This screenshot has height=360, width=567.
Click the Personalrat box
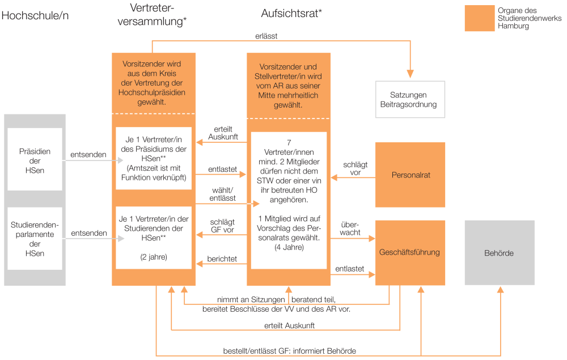pyautogui.click(x=410, y=175)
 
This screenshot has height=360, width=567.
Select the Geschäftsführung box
pyautogui.click(x=410, y=253)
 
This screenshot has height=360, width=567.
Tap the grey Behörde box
pyautogui.click(x=500, y=253)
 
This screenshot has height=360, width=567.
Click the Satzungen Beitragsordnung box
pyautogui.click(x=410, y=99)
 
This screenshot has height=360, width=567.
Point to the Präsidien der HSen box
pyautogui.click(x=35, y=159)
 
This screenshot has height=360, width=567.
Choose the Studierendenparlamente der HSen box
pyautogui.click(x=35, y=239)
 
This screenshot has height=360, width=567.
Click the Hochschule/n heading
pyautogui.click(x=35, y=15)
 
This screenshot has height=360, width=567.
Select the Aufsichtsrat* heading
pyautogui.click(x=291, y=14)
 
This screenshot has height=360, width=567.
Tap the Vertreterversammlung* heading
pyautogui.click(x=152, y=15)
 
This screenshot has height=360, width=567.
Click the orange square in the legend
pyautogui.click(x=480, y=18)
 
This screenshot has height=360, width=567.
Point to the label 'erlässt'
pyautogui.click(x=266, y=36)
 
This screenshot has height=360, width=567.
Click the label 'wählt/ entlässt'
pyautogui.click(x=222, y=194)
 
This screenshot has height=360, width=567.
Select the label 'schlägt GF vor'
pyautogui.click(x=222, y=226)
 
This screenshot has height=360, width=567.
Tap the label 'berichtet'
pyautogui.click(x=222, y=259)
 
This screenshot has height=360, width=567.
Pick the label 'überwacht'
pyautogui.click(x=350, y=228)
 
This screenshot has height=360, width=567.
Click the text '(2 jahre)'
pyautogui.click(x=154, y=257)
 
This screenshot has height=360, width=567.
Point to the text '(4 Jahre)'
pyautogui.click(x=289, y=247)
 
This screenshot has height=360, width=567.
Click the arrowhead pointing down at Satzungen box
pyautogui.click(x=410, y=74)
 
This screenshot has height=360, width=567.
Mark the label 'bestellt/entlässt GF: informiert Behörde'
pyautogui.click(x=289, y=350)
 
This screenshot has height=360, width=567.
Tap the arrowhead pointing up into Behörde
pyautogui.click(x=501, y=290)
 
